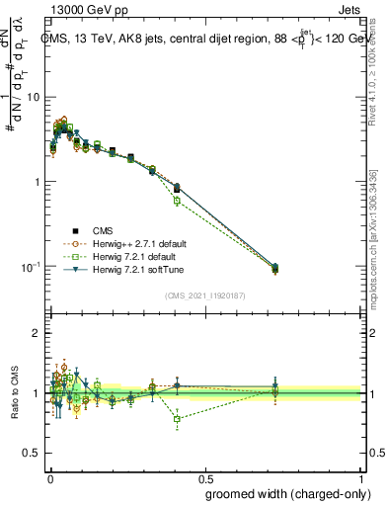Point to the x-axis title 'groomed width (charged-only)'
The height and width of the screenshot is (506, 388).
point(288,493)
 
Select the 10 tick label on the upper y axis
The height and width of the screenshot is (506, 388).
point(32,97)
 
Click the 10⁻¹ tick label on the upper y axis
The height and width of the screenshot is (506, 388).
point(30,267)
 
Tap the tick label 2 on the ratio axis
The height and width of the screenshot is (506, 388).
point(36,333)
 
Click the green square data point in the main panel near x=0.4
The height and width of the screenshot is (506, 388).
point(177,201)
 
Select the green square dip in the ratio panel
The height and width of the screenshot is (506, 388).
point(177,419)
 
